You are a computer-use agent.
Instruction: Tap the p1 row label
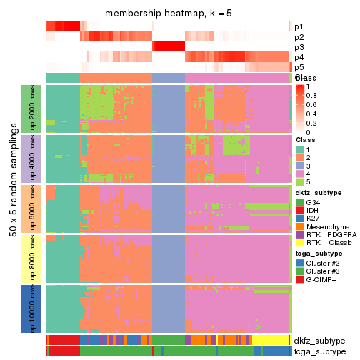pos(298,26)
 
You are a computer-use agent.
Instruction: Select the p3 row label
pos(298,47)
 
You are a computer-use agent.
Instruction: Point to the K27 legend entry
pos(315,222)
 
